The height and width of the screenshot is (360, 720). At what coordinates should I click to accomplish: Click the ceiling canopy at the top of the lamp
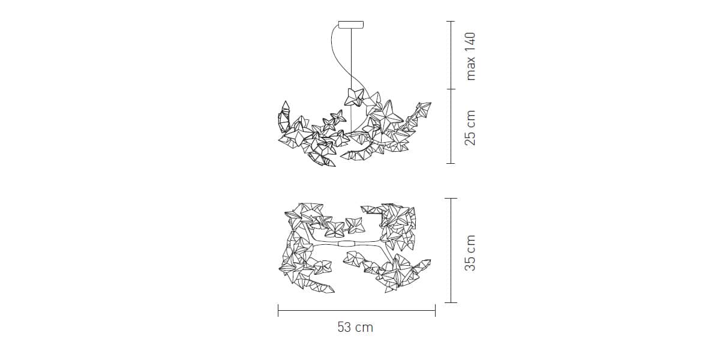(x=351, y=25)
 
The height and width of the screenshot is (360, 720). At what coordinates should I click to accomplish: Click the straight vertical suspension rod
(x=351, y=80)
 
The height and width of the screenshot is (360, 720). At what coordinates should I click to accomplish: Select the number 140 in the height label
(x=470, y=43)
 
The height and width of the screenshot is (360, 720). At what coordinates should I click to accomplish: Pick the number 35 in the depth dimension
(x=470, y=263)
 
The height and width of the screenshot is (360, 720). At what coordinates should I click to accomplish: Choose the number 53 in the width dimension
(x=344, y=328)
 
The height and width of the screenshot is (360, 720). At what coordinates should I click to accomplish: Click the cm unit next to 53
(x=365, y=328)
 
